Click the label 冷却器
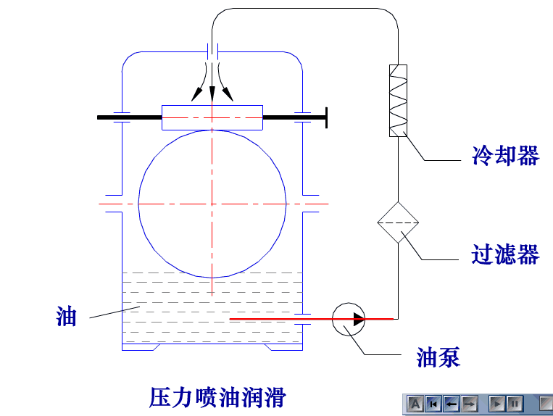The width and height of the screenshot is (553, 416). [505, 156]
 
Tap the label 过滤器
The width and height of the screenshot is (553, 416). [505, 254]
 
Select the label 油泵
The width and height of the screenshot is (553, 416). [438, 357]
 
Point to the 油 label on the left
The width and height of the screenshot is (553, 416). [67, 317]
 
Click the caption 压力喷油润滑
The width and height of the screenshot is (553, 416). [217, 397]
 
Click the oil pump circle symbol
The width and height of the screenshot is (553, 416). [348, 318]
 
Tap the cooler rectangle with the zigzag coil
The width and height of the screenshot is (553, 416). [398, 100]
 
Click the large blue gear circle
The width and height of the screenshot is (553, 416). [212, 204]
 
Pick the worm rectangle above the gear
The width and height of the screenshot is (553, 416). [212, 117]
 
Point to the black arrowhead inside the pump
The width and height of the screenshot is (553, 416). [358, 318]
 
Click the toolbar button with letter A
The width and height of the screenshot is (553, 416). [415, 403]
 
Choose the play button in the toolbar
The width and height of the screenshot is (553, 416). [497, 403]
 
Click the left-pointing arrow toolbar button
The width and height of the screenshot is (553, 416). [450, 403]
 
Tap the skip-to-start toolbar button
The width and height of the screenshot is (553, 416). [433, 403]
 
